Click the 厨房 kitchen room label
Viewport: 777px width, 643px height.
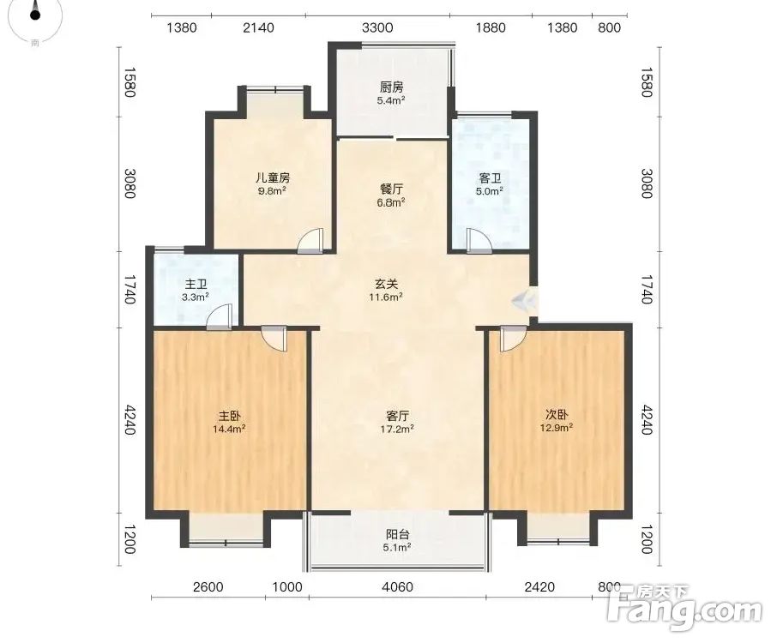[x=391, y=87]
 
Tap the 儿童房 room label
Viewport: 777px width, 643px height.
[x=273, y=177]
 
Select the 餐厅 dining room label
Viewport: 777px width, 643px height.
[x=391, y=189]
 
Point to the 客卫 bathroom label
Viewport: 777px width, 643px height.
[x=490, y=177]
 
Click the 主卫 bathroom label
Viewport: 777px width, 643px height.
[x=196, y=285]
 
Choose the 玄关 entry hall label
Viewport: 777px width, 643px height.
[x=387, y=284]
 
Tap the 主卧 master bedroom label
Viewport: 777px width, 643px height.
[x=230, y=415]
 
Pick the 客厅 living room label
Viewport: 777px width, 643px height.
[x=397, y=415]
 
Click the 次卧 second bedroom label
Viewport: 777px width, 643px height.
[x=557, y=414]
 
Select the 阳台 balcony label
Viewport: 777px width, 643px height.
[x=397, y=534]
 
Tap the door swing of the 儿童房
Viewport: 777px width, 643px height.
[x=310, y=241]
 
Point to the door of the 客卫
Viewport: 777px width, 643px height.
[x=479, y=241]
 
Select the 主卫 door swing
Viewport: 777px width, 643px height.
[x=219, y=316]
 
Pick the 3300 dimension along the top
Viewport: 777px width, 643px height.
[x=377, y=27]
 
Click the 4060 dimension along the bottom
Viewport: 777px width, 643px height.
[x=397, y=587]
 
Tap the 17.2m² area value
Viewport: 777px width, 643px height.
[x=397, y=429]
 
